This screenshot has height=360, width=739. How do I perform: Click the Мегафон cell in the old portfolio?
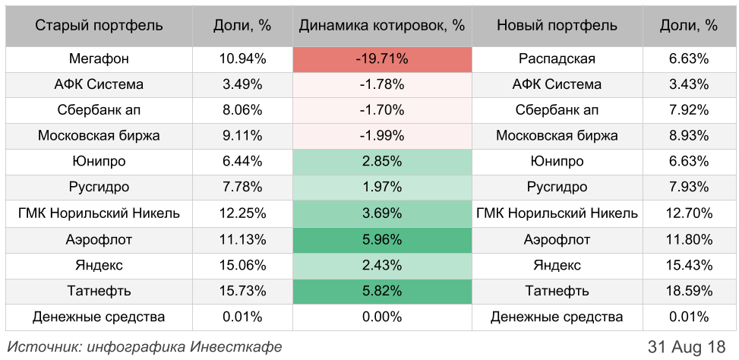pos(99,58)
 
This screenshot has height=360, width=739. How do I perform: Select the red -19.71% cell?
pos(382,58)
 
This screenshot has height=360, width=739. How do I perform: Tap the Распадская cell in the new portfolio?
pos(557,58)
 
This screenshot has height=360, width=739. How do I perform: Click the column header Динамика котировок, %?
pos(382,25)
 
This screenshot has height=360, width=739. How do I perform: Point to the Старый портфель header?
pos(99,25)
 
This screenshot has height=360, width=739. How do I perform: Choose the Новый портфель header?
pos(557,25)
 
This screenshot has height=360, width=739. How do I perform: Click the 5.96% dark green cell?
pos(382,240)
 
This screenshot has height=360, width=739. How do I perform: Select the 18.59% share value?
pos(690,291)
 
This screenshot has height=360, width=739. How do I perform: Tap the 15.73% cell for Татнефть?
pos(243,291)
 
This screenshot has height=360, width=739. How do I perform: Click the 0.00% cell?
pos(382,317)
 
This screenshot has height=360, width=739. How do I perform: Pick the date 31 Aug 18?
pos(687,346)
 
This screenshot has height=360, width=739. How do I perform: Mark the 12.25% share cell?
pos(243,213)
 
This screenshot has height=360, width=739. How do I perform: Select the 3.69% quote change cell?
pos(382,213)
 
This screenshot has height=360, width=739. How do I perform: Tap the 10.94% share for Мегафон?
pos(243,58)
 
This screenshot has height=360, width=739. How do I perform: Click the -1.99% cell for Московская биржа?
pos(382,136)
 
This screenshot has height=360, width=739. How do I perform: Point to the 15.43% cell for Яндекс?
pos(690,265)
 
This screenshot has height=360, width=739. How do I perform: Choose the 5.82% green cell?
pos(382,291)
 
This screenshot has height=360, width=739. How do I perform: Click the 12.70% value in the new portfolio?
pos(690,213)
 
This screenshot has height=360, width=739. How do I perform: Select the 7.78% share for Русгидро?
pos(243,188)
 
